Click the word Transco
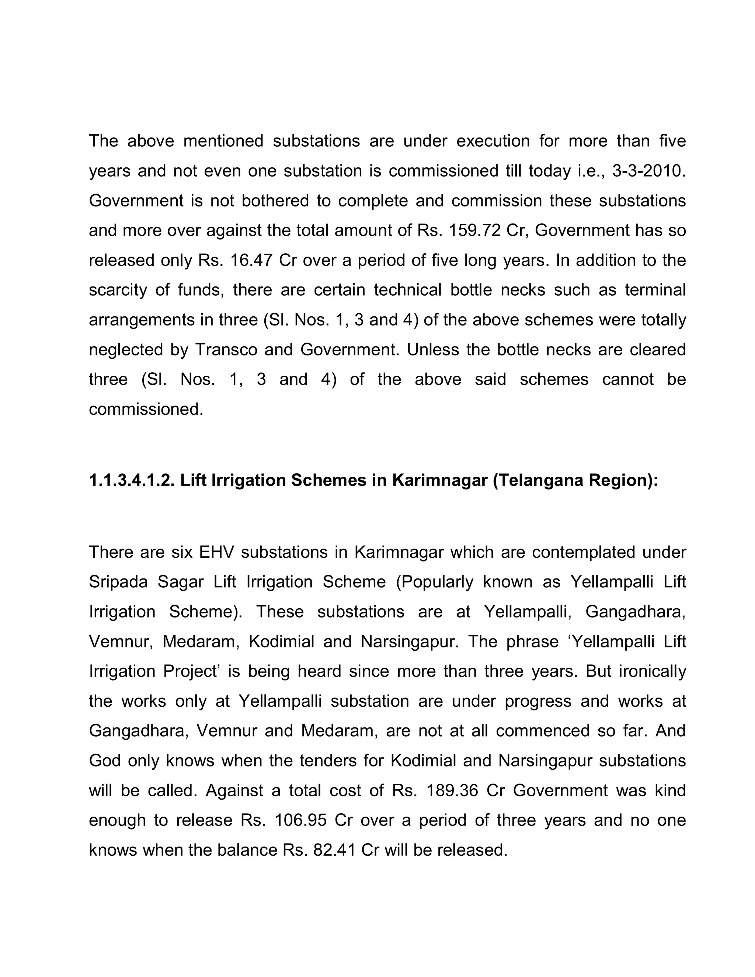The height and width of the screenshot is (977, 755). click(x=226, y=350)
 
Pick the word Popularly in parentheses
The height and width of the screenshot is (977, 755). click(x=435, y=582)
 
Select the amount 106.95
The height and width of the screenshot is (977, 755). click(x=300, y=820)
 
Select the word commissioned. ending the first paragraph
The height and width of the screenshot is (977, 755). click(x=146, y=409)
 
